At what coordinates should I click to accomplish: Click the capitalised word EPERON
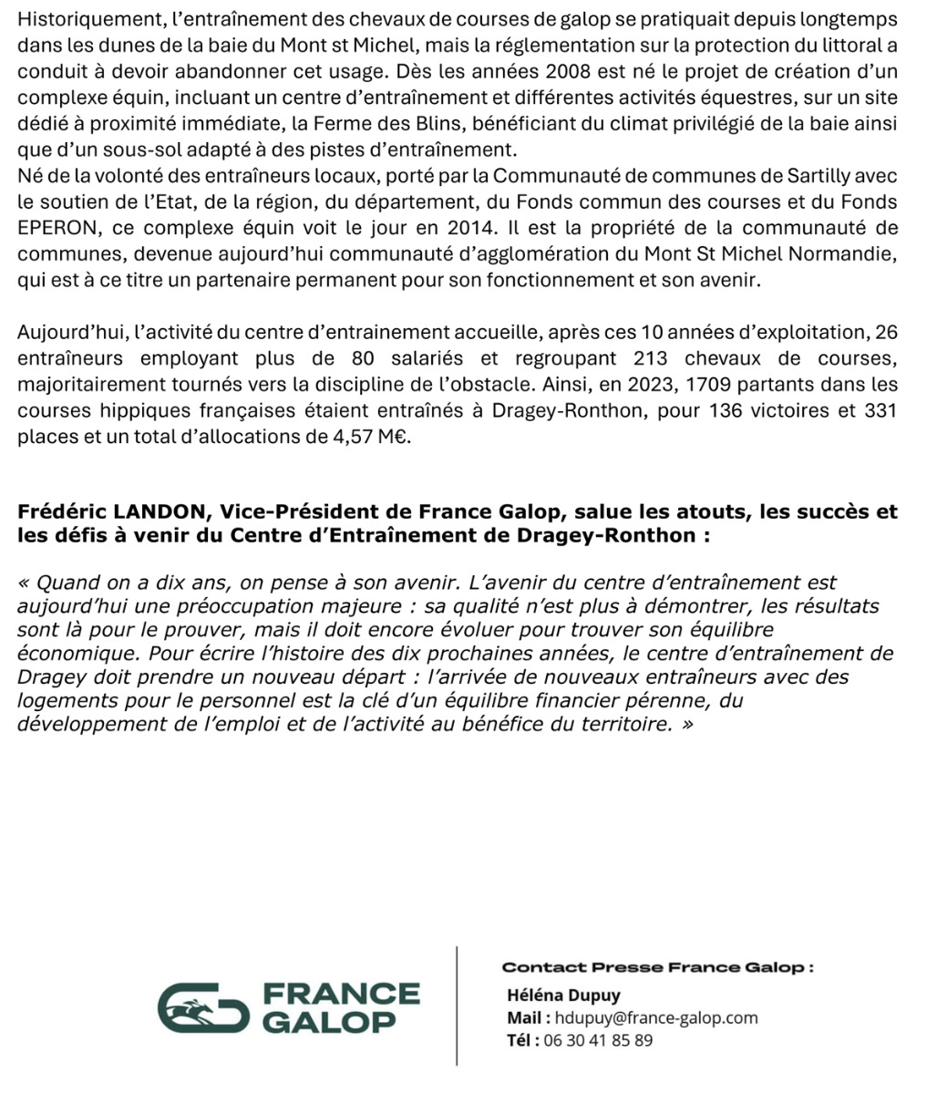pyautogui.click(x=58, y=228)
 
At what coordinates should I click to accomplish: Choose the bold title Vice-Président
pyautogui.click(x=298, y=512)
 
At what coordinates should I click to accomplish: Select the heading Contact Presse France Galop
pyautogui.click(x=657, y=967)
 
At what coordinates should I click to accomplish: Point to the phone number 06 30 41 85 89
pyautogui.click(x=598, y=1040)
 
